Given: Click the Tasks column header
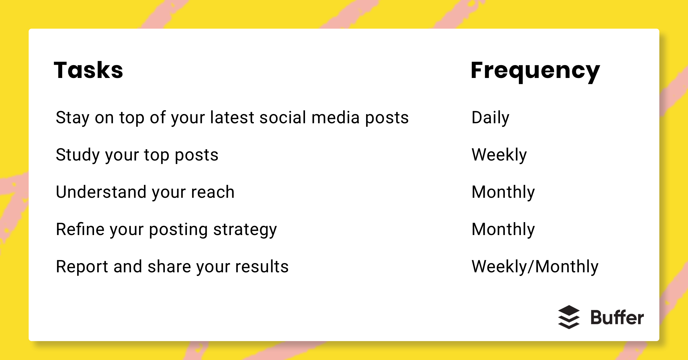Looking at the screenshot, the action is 88,70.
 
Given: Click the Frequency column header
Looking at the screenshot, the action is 535,71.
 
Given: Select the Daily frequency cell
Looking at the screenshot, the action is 490,118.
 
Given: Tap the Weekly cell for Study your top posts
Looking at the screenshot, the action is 499,155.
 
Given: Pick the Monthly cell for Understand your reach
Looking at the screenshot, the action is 503,192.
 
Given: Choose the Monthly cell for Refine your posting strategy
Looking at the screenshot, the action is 503,229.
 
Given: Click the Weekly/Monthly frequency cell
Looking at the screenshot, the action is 535,267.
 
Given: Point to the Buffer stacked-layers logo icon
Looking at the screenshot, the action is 569,317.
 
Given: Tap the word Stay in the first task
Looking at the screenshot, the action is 73,118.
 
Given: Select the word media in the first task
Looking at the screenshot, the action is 335,118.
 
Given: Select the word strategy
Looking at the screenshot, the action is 245,230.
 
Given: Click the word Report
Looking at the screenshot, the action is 82,267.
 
